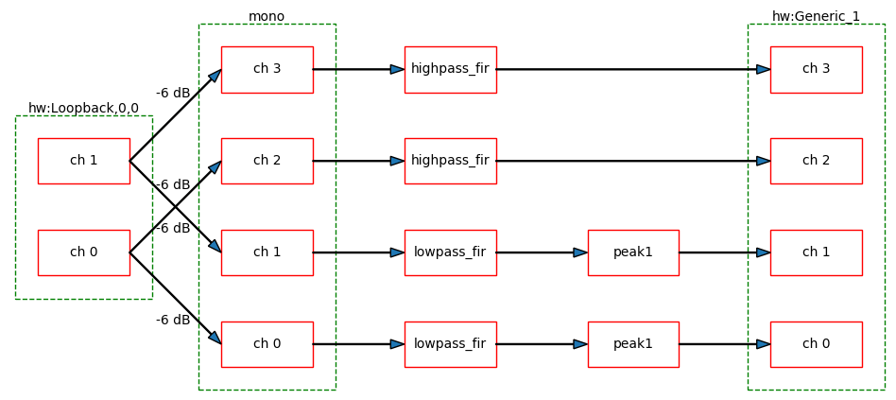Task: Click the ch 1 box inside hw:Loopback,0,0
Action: (x=83, y=161)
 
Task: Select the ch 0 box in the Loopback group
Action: (x=83, y=252)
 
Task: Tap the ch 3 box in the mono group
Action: (x=267, y=69)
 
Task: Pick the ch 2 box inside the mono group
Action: (x=267, y=161)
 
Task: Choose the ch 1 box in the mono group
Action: (x=267, y=252)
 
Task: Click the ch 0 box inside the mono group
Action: (x=267, y=344)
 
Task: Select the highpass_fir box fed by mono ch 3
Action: (x=450, y=69)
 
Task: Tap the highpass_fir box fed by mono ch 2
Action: (x=450, y=161)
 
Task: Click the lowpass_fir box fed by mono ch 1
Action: (x=450, y=252)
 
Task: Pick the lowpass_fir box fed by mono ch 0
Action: (x=450, y=344)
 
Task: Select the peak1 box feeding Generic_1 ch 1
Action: (x=632, y=252)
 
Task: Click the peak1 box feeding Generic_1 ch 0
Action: (x=632, y=344)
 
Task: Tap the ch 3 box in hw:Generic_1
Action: (x=816, y=69)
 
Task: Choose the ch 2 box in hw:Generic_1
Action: (x=816, y=161)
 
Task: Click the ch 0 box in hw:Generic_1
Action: (x=816, y=344)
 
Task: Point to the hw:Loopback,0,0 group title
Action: (x=83, y=108)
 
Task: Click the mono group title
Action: (x=267, y=16)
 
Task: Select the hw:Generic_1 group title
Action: (x=816, y=16)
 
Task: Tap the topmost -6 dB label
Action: (x=173, y=93)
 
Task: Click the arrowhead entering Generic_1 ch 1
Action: (x=763, y=252)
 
